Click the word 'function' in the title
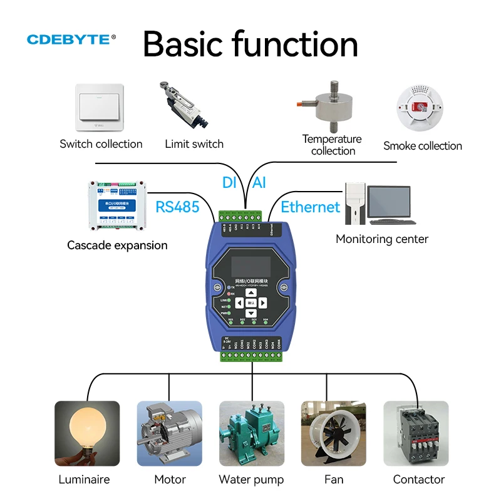(296, 44)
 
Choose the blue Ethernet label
(310, 207)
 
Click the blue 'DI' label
(229, 183)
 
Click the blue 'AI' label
(259, 183)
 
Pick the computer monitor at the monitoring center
(388, 202)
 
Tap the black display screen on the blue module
(251, 265)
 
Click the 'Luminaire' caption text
(84, 480)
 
